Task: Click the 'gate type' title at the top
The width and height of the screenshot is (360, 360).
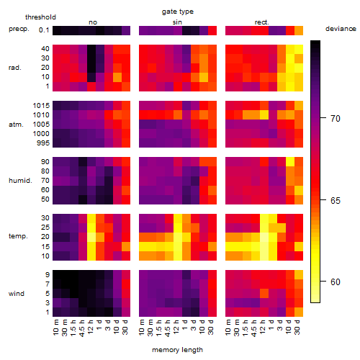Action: click(178, 12)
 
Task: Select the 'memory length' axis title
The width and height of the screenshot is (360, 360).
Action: click(177, 350)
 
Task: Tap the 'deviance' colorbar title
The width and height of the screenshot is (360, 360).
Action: click(341, 29)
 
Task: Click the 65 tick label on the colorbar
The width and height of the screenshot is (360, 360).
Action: click(336, 200)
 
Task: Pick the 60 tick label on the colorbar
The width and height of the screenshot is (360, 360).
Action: click(336, 282)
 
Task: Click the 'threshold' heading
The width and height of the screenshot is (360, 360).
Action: click(40, 17)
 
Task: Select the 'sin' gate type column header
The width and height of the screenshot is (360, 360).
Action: click(177, 22)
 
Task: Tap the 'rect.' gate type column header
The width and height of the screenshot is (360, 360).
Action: click(261, 22)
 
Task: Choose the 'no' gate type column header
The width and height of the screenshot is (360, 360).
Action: click(93, 22)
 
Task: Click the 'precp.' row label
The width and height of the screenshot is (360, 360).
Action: click(19, 29)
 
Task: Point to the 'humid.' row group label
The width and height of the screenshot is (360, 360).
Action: click(20, 181)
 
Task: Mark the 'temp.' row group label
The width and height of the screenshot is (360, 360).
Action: click(18, 236)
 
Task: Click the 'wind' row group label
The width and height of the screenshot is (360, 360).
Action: click(17, 294)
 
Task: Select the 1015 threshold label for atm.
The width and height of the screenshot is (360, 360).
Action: click(41, 106)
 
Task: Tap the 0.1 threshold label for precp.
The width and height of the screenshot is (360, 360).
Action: click(44, 30)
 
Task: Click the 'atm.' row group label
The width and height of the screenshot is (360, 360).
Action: click(16, 125)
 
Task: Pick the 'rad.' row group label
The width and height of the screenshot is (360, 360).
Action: click(15, 68)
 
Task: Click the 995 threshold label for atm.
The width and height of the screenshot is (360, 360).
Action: click(43, 143)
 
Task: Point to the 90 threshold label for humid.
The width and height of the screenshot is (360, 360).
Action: click(45, 162)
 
